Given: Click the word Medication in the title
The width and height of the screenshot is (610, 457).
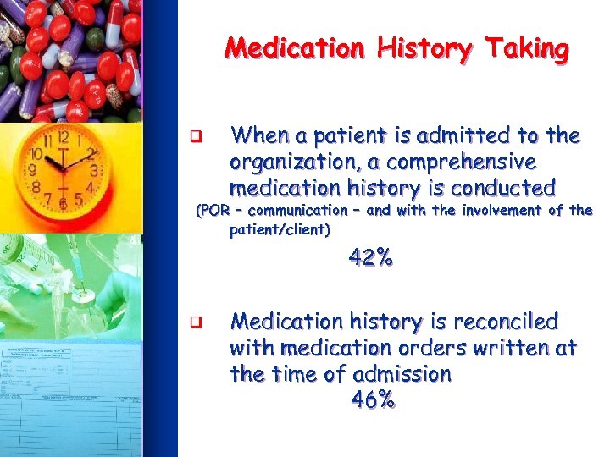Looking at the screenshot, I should pyautogui.click(x=277, y=50).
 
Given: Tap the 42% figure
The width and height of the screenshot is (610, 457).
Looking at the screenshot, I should pyautogui.click(x=371, y=259).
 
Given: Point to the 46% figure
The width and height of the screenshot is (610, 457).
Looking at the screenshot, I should pyautogui.click(x=372, y=399).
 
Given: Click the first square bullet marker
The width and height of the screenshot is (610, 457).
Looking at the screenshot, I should pyautogui.click(x=193, y=135).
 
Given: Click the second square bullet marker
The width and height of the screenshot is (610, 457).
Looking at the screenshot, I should pyautogui.click(x=193, y=322).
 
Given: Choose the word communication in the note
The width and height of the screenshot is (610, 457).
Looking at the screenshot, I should pyautogui.click(x=298, y=211).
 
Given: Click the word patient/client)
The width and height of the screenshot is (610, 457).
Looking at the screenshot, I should pyautogui.click(x=280, y=229).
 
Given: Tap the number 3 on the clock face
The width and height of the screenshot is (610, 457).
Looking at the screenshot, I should pyautogui.click(x=93, y=170).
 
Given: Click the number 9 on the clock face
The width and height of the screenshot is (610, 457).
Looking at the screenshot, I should pyautogui.click(x=35, y=170).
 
